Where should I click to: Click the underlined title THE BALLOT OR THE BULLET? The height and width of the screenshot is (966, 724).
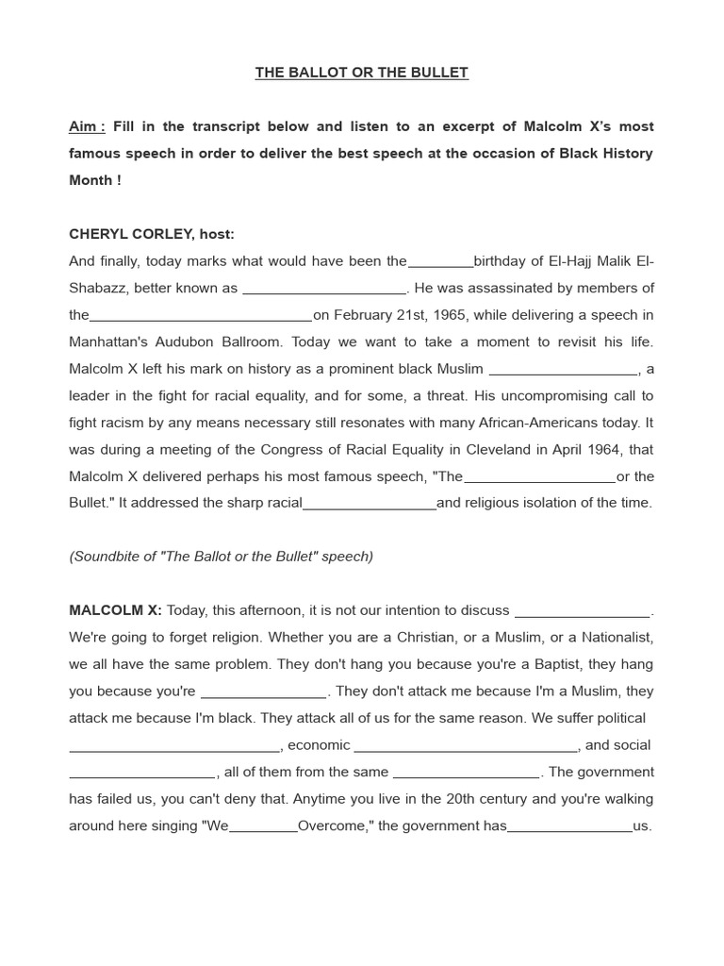click(x=361, y=73)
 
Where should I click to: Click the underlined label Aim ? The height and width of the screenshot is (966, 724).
click(x=87, y=126)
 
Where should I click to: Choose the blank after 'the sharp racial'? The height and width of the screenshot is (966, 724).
click(x=369, y=505)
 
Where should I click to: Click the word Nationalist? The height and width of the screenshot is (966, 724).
click(x=616, y=637)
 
